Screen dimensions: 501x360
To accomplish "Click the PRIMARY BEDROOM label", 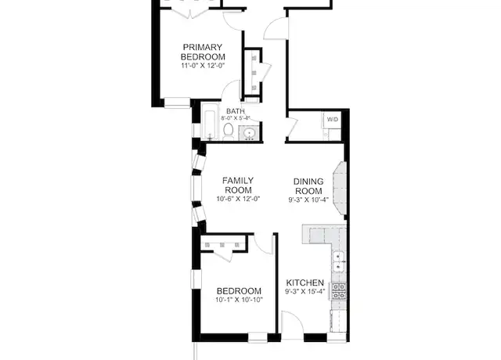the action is (x=203, y=52).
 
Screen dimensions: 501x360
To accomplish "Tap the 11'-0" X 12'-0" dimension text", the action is (x=204, y=66).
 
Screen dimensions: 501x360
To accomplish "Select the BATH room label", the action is (x=236, y=111).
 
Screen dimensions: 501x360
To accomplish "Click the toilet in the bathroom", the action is (x=228, y=131).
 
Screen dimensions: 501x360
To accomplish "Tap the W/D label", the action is (x=332, y=120).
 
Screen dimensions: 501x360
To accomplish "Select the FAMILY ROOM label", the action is (x=238, y=185).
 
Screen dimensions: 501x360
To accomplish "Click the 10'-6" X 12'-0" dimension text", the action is (x=238, y=199).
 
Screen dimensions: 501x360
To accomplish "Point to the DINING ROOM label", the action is (x=308, y=186).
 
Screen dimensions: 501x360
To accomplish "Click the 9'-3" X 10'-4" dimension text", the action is (x=308, y=200).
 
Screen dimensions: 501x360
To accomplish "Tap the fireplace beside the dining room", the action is (x=340, y=189).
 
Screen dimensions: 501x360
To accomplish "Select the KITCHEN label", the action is (x=305, y=283).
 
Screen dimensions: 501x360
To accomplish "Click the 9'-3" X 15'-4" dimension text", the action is (x=305, y=291).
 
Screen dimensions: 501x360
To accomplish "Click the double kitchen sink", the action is (x=338, y=261).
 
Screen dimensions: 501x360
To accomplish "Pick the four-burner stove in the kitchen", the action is (x=338, y=292).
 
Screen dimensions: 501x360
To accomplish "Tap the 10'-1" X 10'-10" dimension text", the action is (x=239, y=300).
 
